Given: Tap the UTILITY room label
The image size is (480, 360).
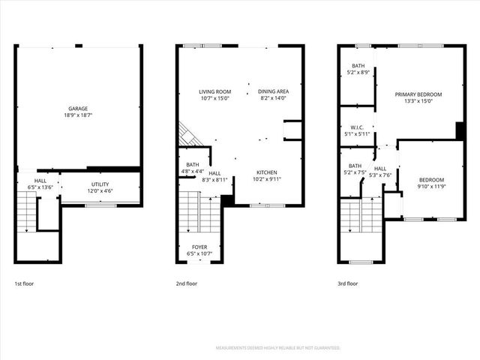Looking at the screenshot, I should click(100, 184).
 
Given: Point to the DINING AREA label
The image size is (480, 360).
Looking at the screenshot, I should click(272, 91).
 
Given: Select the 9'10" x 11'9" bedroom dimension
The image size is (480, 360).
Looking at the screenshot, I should click(431, 187).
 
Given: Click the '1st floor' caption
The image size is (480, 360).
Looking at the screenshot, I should click(24, 284).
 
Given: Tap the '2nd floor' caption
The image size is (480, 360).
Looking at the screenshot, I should click(187, 284).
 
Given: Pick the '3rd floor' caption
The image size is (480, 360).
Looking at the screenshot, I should click(348, 284).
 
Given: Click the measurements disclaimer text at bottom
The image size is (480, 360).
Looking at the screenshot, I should click(277, 348).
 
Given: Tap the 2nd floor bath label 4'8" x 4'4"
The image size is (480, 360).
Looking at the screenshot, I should click(193, 171).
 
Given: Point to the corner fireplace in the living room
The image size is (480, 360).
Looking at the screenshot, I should click(187, 136).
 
